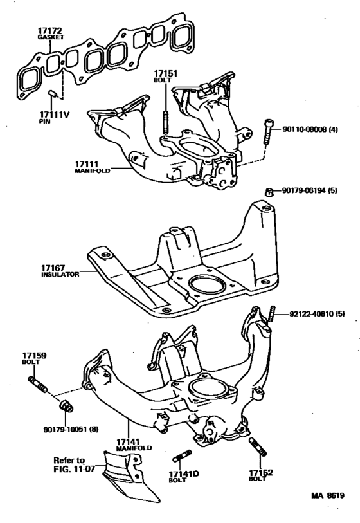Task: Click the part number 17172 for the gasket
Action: coord(50,31)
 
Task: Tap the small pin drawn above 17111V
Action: coord(53,93)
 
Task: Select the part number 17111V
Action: coord(55,115)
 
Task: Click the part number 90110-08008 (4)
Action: coord(310,129)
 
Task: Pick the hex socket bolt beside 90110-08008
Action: coord(268,131)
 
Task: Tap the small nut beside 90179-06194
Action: coord(269,192)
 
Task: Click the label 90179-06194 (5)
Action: coord(309,190)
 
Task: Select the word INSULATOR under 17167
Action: coord(60,275)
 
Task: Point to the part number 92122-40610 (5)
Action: coord(317,313)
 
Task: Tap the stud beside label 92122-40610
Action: coord(273,313)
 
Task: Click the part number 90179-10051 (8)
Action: coord(71,429)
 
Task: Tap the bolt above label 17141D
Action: coord(182,455)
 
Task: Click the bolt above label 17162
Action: coord(258,446)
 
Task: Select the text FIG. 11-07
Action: coord(75,469)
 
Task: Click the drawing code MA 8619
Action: coord(328,495)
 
